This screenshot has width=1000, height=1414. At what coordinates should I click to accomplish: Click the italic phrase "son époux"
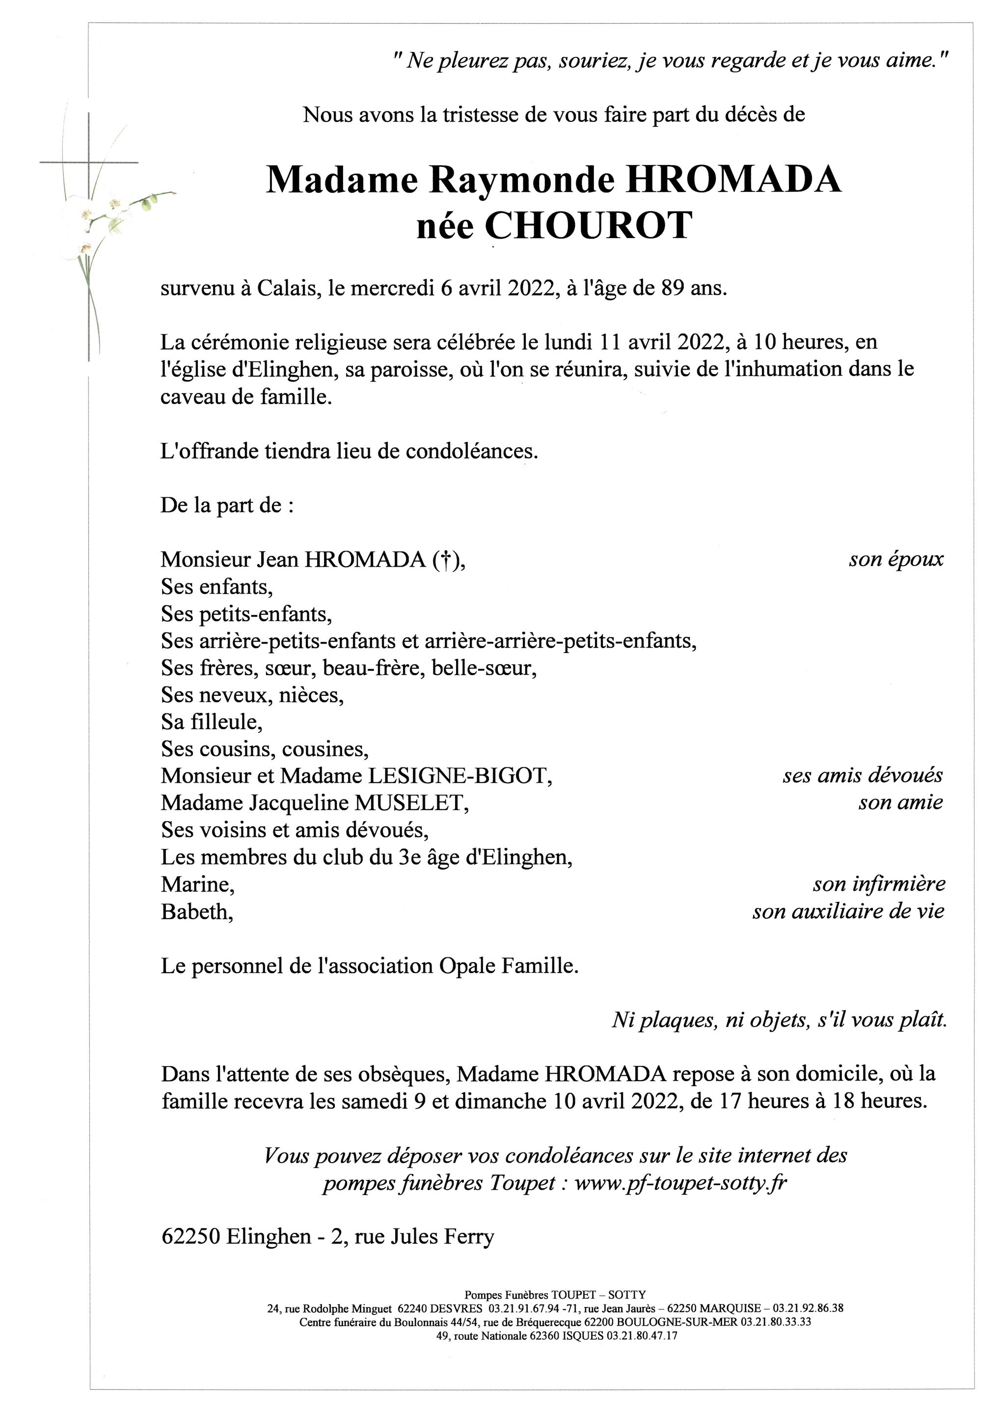pyautogui.click(x=895, y=559)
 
